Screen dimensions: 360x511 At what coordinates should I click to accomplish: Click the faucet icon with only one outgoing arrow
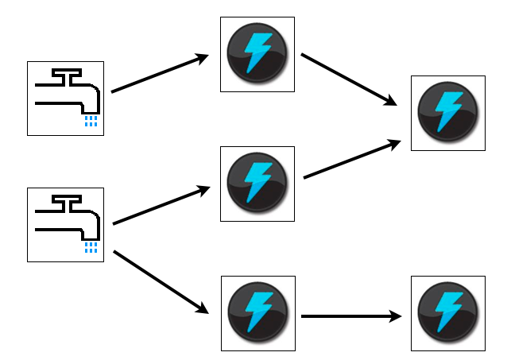tap(65, 98)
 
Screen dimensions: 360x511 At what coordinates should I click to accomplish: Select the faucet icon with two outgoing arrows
tap(65, 225)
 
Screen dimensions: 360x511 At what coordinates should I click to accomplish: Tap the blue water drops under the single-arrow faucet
tap(91, 121)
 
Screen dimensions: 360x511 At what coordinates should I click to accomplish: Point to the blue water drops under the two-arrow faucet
tap(91, 248)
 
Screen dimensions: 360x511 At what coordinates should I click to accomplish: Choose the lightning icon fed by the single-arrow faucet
tap(256, 54)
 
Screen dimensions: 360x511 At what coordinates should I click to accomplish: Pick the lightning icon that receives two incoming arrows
tap(447, 113)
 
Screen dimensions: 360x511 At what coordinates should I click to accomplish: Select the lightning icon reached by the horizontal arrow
tap(447, 313)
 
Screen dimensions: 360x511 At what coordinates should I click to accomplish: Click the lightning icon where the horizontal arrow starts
tap(257, 313)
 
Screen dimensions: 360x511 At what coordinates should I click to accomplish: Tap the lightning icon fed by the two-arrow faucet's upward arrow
tap(257, 184)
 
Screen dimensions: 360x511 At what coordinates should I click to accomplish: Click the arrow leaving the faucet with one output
tap(159, 74)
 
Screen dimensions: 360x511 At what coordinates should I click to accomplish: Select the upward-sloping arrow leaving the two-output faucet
tap(161, 206)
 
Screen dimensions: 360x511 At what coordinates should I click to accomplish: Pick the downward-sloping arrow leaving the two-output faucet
tap(161, 282)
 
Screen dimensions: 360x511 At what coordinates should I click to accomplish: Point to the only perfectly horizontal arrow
tap(350, 316)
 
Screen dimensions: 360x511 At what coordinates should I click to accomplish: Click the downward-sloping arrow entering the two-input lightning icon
tap(348, 79)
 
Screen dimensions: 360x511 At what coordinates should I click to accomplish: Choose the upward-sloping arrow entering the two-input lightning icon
tap(350, 160)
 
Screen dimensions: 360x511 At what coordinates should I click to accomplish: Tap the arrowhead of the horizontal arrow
tap(395, 316)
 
